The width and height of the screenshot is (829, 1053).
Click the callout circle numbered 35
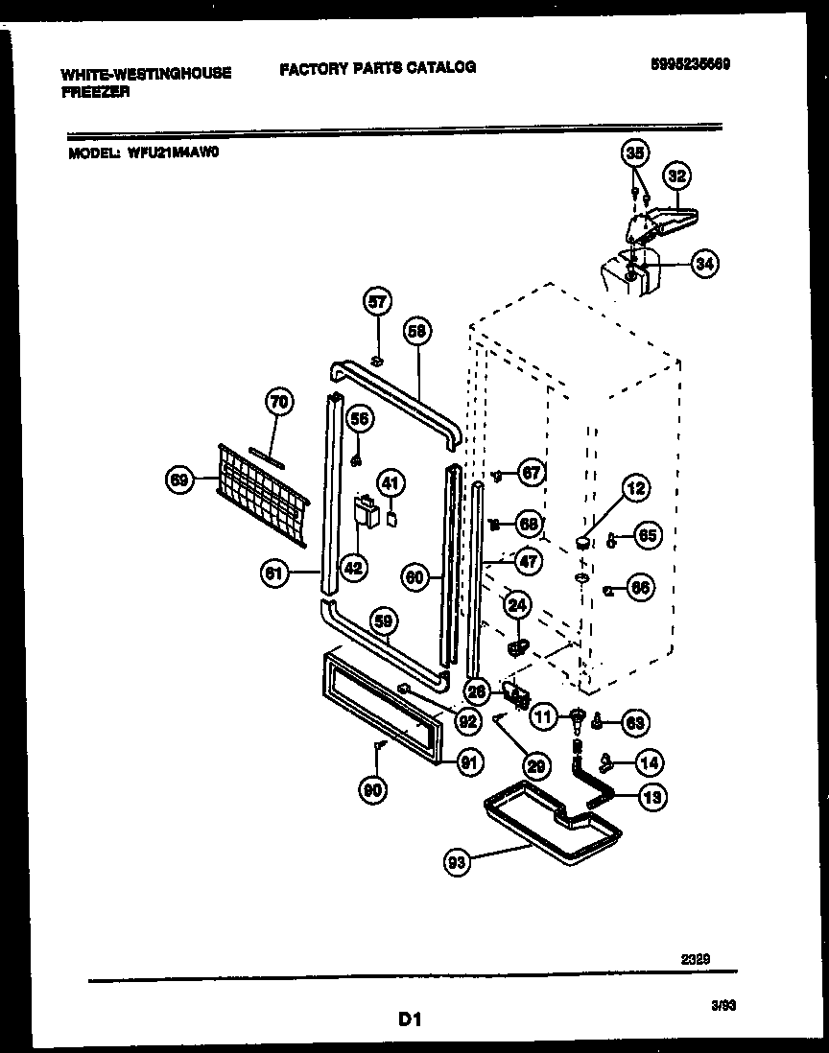pyautogui.click(x=634, y=152)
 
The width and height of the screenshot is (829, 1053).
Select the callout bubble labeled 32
pyautogui.click(x=677, y=176)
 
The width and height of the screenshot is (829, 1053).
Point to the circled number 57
pyautogui.click(x=378, y=302)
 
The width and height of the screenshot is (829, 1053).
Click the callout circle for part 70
pyautogui.click(x=278, y=404)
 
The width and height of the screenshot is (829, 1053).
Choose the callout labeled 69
pyautogui.click(x=179, y=480)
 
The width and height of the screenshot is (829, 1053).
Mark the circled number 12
pyautogui.click(x=634, y=488)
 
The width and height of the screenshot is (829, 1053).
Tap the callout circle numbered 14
pyautogui.click(x=649, y=763)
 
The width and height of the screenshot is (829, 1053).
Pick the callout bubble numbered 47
pyautogui.click(x=528, y=562)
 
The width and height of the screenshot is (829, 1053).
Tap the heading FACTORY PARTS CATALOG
pyautogui.click(x=377, y=67)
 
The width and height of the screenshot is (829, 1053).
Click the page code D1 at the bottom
pyautogui.click(x=411, y=1018)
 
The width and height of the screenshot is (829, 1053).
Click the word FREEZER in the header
pyautogui.click(x=94, y=92)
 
